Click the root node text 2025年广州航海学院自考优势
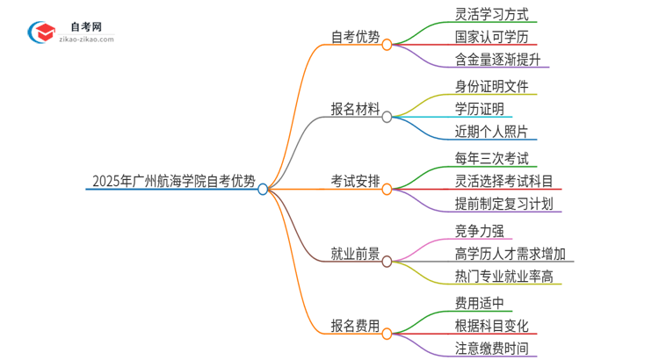tap(174, 183)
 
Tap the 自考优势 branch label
tap(356, 37)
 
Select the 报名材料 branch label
tap(356, 110)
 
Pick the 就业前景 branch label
tap(356, 255)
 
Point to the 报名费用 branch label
tap(356, 327)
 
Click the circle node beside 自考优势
tap(387, 44)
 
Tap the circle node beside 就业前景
tap(387, 261)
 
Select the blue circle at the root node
tap(263, 189)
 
